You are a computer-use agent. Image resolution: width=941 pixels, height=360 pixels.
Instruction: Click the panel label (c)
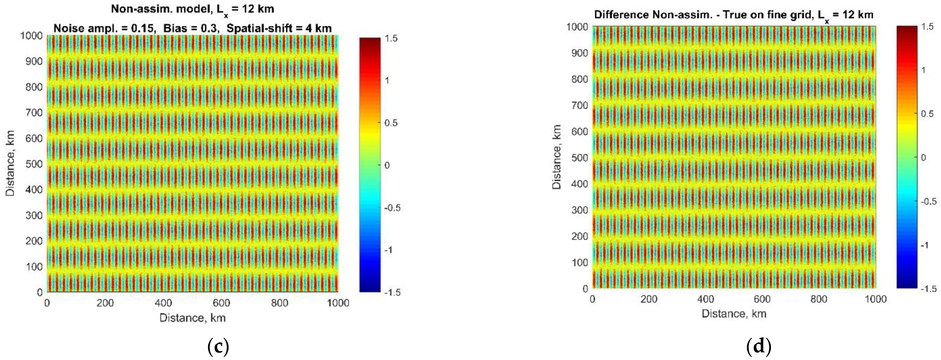218,346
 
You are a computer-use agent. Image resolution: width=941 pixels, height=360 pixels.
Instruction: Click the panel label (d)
759,346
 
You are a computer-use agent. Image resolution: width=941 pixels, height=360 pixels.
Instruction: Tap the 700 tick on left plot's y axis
34,113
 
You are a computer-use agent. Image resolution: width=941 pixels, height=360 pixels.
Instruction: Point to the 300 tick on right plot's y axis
579,210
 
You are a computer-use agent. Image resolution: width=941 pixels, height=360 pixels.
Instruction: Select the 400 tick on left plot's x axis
163,303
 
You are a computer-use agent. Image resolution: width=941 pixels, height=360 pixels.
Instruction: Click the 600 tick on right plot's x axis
762,299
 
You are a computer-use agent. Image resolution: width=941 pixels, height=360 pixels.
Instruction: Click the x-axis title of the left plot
192,318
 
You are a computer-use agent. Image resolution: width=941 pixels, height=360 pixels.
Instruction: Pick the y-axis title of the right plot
557,157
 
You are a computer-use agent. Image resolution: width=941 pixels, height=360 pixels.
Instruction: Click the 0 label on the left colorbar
387,165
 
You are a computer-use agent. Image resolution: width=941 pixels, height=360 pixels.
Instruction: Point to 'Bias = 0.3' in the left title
191,29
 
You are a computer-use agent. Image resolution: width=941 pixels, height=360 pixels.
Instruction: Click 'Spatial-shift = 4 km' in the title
279,29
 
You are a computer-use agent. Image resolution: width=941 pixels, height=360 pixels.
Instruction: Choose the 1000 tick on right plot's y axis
577,27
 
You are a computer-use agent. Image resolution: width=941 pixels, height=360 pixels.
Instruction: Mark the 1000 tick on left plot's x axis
338,303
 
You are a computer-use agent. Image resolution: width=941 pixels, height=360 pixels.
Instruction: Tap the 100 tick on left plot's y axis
34,267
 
